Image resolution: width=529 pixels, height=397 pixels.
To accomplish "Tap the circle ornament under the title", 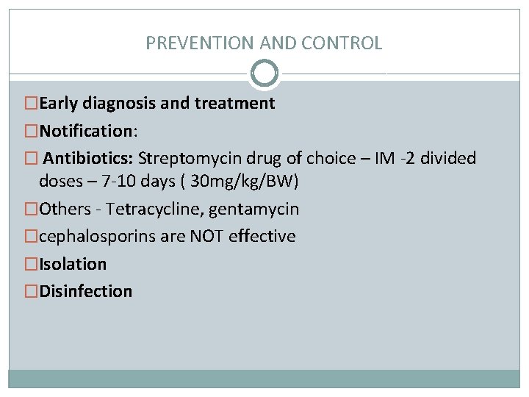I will tap(264, 73).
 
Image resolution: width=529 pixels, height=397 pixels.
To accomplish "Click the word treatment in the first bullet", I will tap(234, 104).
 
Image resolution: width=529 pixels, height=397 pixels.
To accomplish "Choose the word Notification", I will tap(84, 131).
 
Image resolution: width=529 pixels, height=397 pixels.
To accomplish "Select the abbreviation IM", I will tap(384, 158).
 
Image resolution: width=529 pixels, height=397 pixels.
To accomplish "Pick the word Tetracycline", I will tap(154, 210).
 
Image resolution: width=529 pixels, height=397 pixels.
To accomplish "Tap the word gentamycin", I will tap(253, 210).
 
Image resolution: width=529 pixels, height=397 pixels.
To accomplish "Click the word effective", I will tap(262, 237).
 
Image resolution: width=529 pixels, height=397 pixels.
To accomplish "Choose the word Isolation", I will tap(73, 264).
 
